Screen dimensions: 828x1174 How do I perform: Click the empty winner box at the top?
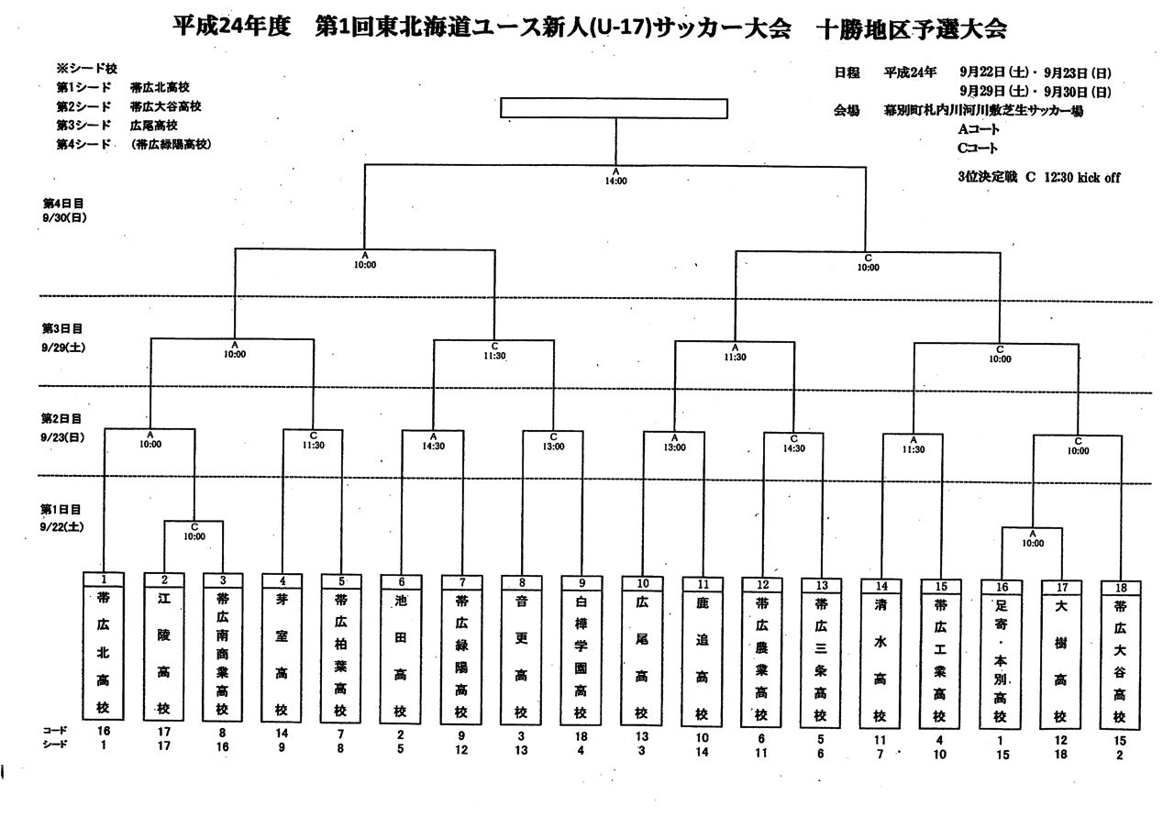click(615, 107)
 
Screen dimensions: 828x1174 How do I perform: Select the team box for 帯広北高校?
click(103, 655)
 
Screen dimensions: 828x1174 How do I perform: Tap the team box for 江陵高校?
click(163, 655)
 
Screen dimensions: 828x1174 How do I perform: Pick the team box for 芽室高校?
click(282, 655)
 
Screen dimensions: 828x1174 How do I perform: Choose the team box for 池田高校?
click(401, 655)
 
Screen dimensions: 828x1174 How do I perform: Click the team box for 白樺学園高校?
click(581, 655)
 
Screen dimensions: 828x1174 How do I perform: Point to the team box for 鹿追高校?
click(702, 655)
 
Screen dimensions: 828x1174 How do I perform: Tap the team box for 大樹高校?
click(1060, 655)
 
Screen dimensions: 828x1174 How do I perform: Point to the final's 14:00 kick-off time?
click(615, 182)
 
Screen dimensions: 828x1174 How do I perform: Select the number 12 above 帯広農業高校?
click(762, 583)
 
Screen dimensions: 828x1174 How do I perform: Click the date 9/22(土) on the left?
click(62, 526)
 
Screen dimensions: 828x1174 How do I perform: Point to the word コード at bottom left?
click(54, 731)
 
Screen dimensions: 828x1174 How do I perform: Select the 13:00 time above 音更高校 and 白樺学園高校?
click(553, 447)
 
